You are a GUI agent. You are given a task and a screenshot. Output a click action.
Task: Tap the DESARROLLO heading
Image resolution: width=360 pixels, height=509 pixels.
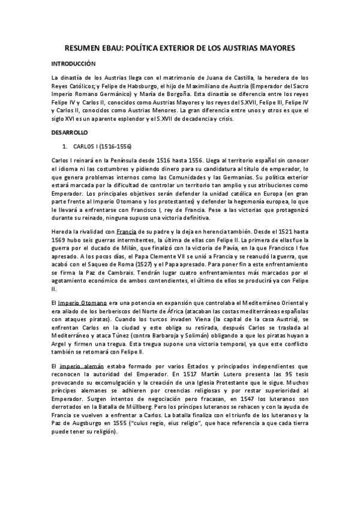[69, 131]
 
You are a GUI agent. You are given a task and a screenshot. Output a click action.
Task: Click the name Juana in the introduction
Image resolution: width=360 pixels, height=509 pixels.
[211, 77]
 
